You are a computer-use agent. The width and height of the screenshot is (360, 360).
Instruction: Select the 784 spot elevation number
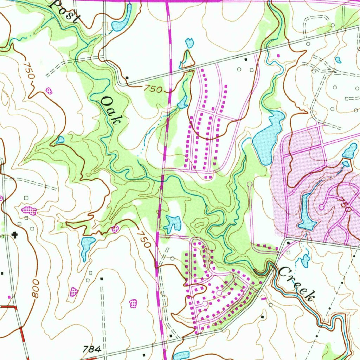92,349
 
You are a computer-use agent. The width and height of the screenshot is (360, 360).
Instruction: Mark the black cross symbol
15,234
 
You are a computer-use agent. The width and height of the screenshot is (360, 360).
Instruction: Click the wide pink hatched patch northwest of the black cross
29,211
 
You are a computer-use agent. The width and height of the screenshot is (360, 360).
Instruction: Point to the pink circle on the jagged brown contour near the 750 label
115,229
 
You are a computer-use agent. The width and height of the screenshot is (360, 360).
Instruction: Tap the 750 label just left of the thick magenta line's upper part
153,89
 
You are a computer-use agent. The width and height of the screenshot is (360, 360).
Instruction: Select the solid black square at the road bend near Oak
127,78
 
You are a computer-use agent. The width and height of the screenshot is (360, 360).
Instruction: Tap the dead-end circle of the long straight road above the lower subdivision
250,184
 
